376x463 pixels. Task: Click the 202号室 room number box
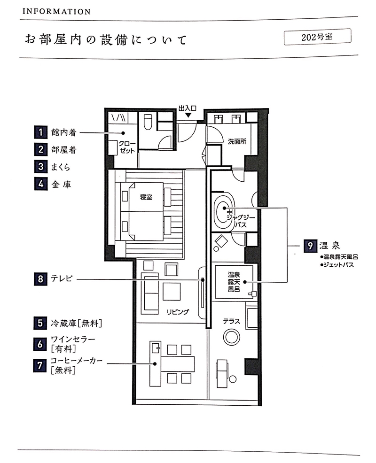(317, 37)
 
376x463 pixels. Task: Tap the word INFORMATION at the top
(56, 12)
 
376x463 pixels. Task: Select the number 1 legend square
(41, 132)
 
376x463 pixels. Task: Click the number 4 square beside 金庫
(41, 184)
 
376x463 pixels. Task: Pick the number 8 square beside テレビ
(40, 279)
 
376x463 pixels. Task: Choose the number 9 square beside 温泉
(310, 246)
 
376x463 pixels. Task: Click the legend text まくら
(61, 167)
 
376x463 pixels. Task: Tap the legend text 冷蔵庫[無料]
(76, 324)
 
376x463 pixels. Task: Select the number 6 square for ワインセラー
(40, 344)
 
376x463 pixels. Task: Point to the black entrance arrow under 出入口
(188, 116)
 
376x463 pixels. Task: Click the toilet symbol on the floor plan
(148, 122)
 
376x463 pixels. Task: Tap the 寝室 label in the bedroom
(146, 197)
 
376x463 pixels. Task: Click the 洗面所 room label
(237, 141)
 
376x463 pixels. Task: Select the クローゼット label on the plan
(127, 147)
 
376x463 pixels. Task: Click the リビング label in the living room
(178, 312)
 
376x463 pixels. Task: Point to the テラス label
(231, 321)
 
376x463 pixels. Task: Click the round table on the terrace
(231, 337)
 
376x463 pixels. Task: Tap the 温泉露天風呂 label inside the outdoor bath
(234, 282)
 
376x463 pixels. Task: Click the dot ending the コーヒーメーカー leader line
(155, 364)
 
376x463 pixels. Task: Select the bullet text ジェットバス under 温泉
(337, 265)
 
